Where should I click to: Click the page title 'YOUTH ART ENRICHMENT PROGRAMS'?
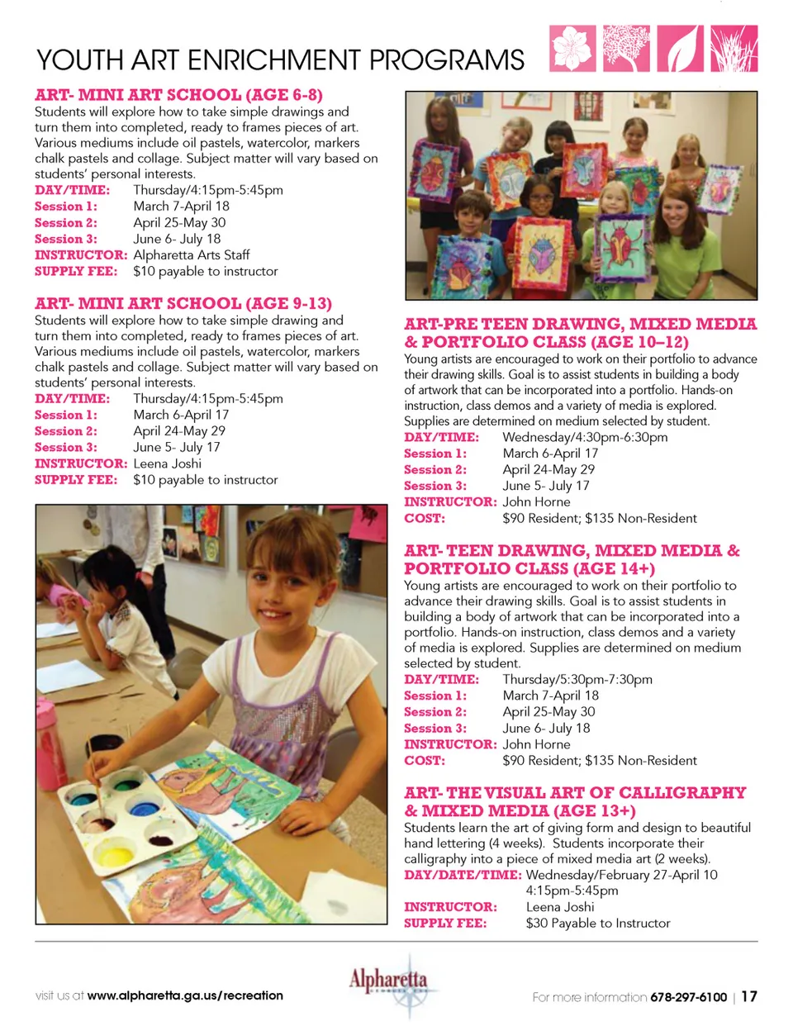point(280,60)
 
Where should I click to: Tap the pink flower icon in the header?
point(572,48)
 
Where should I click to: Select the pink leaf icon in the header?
point(681,48)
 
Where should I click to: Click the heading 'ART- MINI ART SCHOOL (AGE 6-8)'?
point(178,95)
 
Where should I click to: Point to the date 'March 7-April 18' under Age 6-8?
point(181,207)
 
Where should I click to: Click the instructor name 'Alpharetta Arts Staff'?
point(191,255)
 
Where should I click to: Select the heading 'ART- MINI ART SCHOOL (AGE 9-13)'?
point(183,303)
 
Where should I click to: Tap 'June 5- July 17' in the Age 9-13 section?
point(177,447)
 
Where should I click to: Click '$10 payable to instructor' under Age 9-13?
point(205,480)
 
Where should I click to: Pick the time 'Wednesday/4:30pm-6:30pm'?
point(585,437)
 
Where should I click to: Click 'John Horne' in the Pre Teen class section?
point(536,501)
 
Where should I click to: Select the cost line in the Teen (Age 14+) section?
point(599,760)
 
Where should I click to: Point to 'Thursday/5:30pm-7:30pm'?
point(577,679)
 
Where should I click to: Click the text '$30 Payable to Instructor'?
point(597,923)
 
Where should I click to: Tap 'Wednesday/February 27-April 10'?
point(621,875)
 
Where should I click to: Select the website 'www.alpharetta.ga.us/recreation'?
point(185,995)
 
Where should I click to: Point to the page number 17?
point(748,996)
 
